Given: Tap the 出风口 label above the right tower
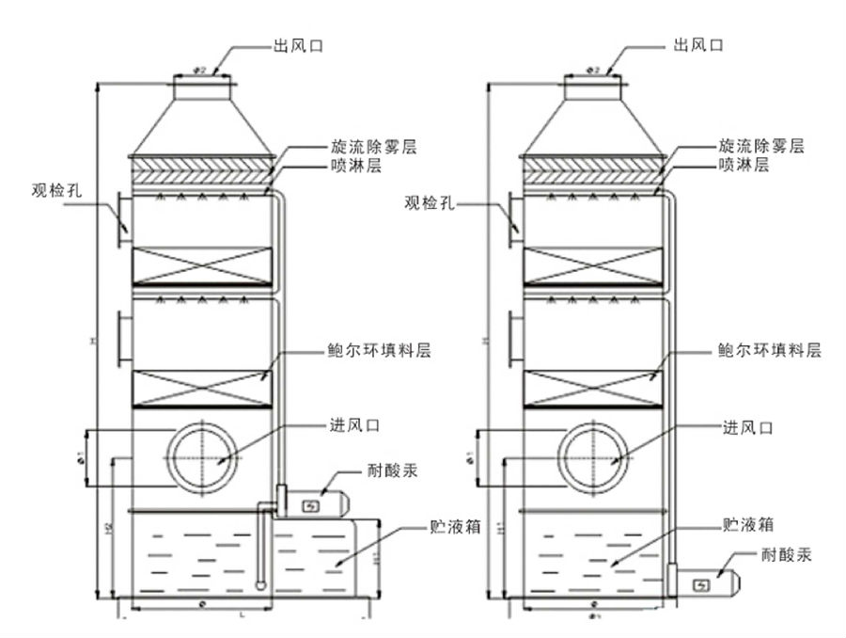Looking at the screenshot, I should point(698,44).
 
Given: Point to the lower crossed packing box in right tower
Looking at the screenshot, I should point(596,388).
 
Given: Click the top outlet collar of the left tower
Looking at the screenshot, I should point(202,88).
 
